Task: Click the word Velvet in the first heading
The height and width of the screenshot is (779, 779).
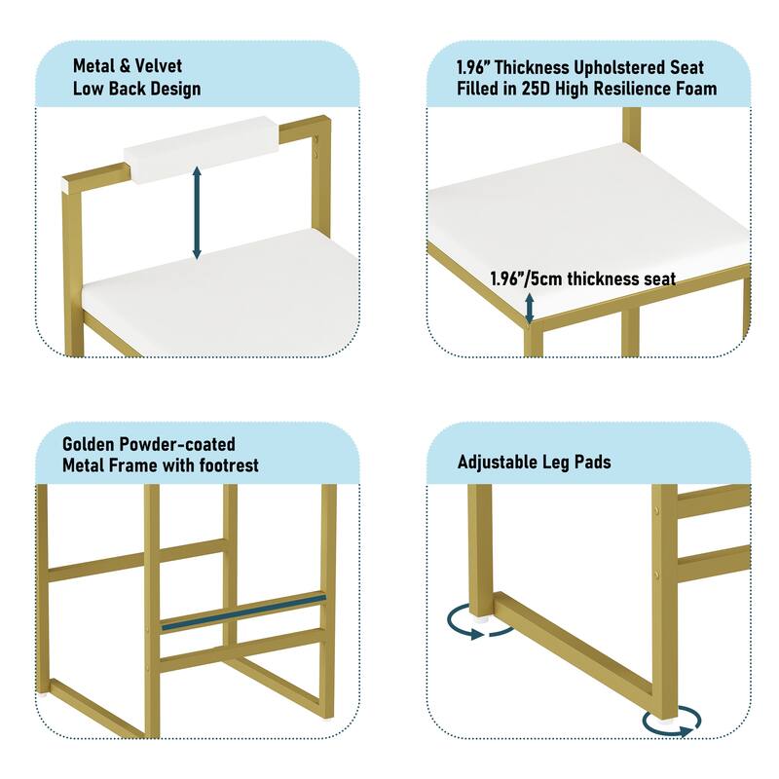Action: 159,65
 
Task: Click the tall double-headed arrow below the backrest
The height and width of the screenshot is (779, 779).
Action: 197,212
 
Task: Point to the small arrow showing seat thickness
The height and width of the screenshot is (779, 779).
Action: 530,308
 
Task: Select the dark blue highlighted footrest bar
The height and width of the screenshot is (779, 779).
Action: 243,612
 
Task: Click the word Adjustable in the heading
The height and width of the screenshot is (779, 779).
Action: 497,462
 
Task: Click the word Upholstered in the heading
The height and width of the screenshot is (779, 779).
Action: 620,67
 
